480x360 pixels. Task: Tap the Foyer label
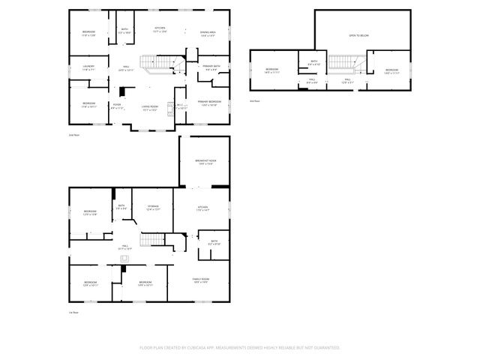coord(116,105)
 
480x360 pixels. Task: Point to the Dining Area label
coord(208,32)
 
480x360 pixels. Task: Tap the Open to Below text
coord(358,35)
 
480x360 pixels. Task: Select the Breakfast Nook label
coord(205,161)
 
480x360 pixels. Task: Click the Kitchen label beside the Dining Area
coord(160,30)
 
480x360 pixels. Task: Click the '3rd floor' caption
coord(256,100)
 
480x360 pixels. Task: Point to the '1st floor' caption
coord(73,313)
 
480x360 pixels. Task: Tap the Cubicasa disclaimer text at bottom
coord(240,348)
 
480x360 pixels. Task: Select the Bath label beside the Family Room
coord(214,242)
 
